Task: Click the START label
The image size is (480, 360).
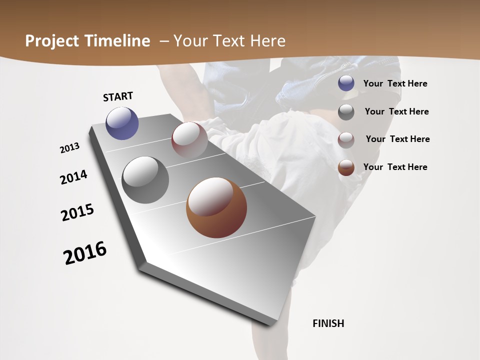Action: click(x=118, y=96)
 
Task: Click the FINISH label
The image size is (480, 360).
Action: click(x=328, y=323)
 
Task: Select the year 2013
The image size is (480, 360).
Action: click(x=70, y=148)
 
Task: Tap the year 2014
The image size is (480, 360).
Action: click(x=73, y=177)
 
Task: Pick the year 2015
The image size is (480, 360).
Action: click(x=77, y=212)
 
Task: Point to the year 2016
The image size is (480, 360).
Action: click(x=85, y=253)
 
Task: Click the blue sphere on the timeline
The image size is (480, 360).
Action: click(x=122, y=123)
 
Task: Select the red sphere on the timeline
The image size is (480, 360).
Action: click(x=189, y=139)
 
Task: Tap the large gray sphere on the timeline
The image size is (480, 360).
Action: click(x=145, y=180)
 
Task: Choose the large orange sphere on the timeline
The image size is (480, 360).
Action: click(x=216, y=207)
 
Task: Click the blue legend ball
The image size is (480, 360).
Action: click(x=346, y=83)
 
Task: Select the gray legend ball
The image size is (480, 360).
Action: click(x=346, y=112)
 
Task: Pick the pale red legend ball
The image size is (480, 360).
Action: click(x=346, y=140)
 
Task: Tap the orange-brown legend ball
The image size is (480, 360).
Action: click(x=346, y=167)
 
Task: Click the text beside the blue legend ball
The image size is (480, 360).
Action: click(x=395, y=83)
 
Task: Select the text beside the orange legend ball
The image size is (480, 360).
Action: click(x=395, y=167)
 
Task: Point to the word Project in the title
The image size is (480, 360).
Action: click(x=51, y=41)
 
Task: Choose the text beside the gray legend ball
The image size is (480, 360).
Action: click(x=396, y=111)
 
